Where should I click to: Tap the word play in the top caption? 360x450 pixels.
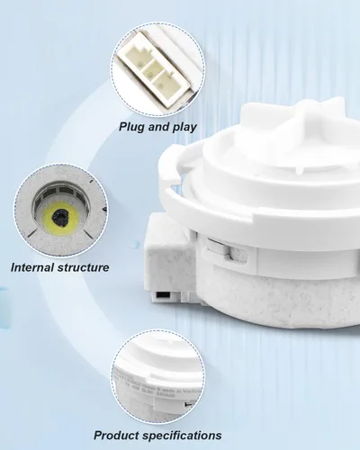[184, 127]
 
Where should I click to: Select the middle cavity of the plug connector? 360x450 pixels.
[151, 70]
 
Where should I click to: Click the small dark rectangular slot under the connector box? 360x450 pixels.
[162, 295]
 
